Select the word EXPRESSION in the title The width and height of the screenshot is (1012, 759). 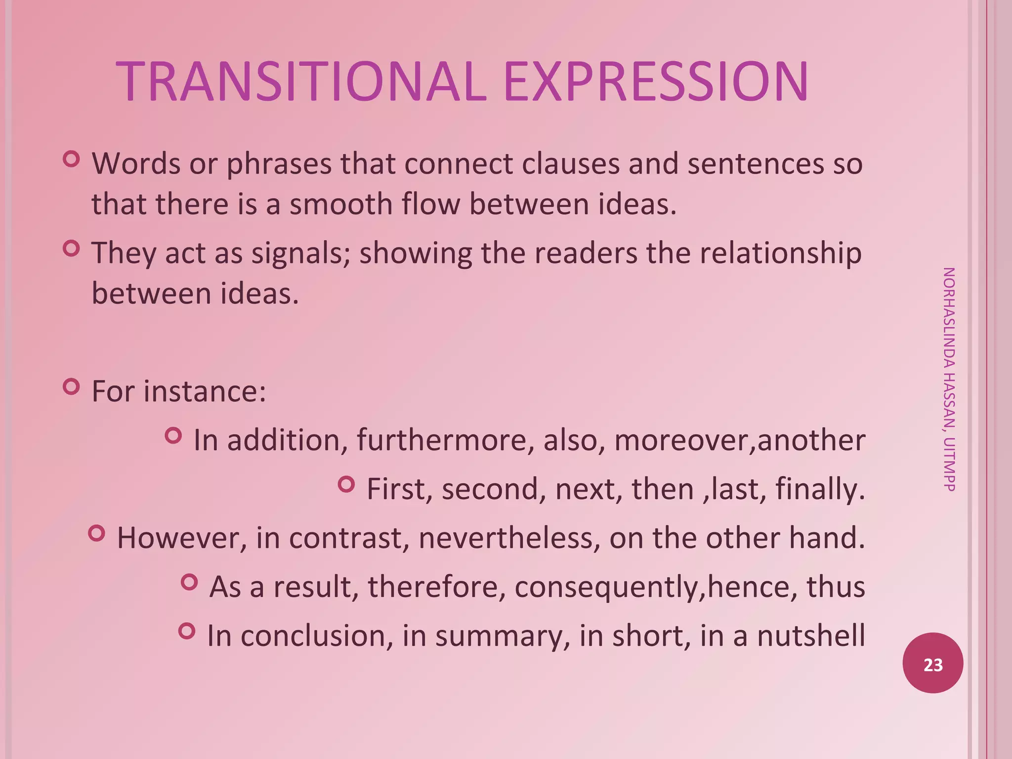coord(656,82)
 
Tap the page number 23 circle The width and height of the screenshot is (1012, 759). coord(932,663)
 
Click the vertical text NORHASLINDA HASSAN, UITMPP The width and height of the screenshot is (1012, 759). coord(949,379)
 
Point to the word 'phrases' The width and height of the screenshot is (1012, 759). coord(279,164)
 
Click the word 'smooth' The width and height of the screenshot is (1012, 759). coord(340,204)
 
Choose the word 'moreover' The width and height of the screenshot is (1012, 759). coord(682,440)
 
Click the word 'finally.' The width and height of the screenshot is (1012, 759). coord(820,489)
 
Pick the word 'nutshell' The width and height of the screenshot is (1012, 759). coord(811,635)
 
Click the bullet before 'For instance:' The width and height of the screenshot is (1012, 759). coord(72,386)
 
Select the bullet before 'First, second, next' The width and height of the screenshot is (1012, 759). coord(346,484)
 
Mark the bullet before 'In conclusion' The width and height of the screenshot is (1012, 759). coord(187,631)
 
